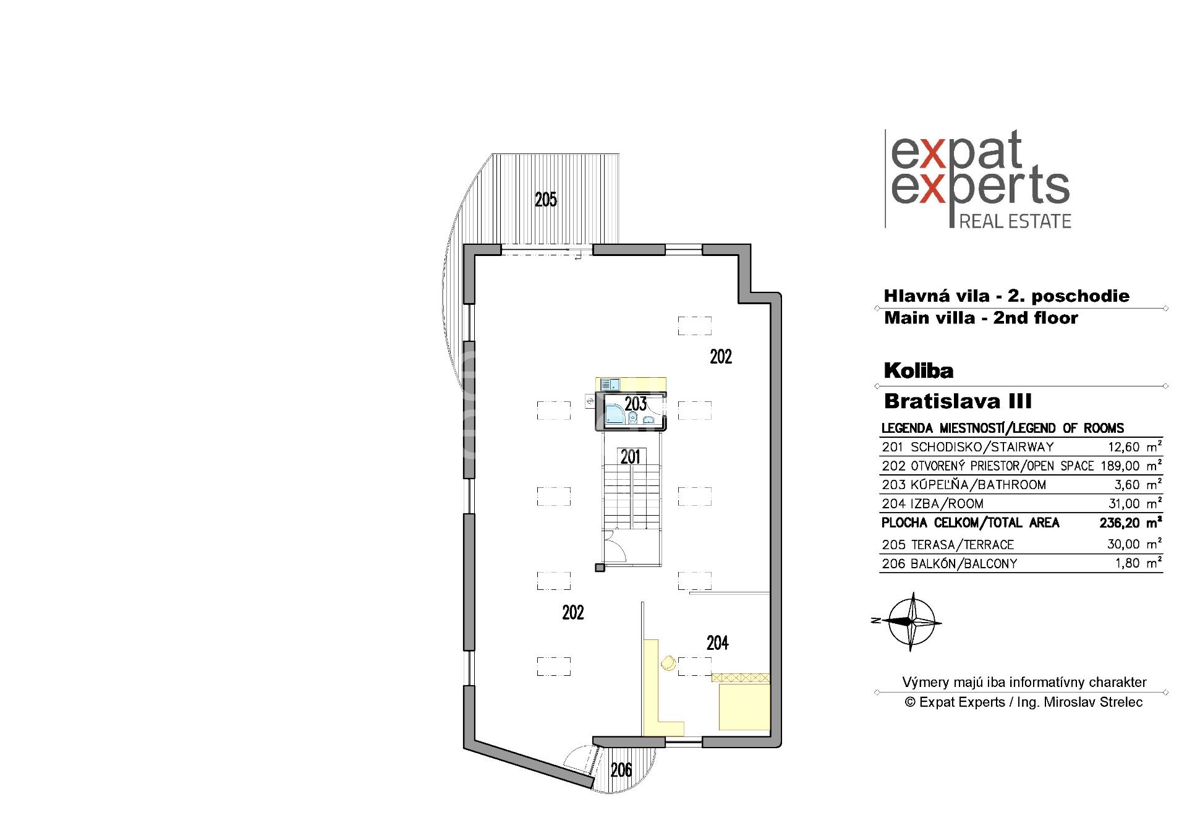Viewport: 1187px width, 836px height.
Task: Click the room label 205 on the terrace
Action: [x=546, y=199]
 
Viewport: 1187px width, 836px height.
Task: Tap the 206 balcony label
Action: [x=621, y=770]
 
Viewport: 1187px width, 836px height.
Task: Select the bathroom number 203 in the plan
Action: [x=636, y=404]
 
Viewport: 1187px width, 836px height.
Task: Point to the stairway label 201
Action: [x=631, y=457]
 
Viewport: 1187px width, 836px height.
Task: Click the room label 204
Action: [x=718, y=643]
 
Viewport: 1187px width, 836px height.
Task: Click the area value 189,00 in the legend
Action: [x=1120, y=466]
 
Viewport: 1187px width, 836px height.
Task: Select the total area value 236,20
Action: [x=1120, y=523]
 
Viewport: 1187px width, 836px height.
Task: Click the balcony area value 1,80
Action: [x=1128, y=563]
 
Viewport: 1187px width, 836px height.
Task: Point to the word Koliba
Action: [x=919, y=370]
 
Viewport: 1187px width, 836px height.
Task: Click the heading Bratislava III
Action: [x=958, y=401]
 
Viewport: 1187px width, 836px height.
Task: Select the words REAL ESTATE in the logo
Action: [x=1015, y=221]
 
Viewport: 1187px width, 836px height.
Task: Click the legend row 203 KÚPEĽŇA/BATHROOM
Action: [x=964, y=485]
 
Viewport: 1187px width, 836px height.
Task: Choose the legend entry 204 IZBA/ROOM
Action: [x=932, y=504]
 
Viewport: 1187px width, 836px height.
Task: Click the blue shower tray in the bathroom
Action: [x=614, y=414]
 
